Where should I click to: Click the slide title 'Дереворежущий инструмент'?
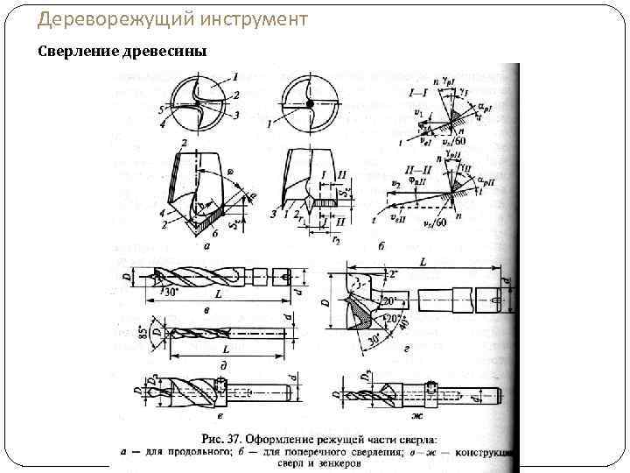[167, 18]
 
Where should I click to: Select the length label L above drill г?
[423, 263]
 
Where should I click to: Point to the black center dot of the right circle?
[310, 104]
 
